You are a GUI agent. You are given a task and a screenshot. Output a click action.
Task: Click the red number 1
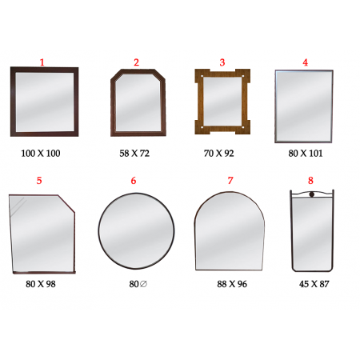click(x=42, y=62)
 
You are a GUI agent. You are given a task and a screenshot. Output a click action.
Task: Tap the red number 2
click(x=136, y=62)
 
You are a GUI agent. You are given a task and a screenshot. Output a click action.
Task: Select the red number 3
click(x=222, y=62)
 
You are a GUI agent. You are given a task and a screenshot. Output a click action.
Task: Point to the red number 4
click(x=306, y=62)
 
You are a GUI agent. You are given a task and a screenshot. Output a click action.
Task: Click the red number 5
click(x=39, y=181)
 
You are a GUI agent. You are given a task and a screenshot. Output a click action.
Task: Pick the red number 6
click(x=134, y=181)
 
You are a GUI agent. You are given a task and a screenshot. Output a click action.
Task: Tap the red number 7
click(x=230, y=181)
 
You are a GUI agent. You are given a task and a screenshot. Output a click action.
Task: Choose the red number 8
click(x=310, y=181)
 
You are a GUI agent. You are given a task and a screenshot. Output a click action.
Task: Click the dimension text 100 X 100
click(x=41, y=154)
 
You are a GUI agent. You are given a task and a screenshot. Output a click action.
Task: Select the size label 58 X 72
click(x=134, y=154)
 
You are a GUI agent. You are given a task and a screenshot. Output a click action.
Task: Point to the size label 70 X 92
click(x=218, y=154)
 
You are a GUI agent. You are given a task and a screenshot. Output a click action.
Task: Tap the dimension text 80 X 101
click(x=306, y=154)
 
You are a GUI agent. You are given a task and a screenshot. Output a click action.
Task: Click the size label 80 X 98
click(x=41, y=284)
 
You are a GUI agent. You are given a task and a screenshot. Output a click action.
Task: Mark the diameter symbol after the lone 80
click(x=143, y=284)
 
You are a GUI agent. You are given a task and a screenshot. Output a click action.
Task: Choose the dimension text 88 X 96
click(x=232, y=284)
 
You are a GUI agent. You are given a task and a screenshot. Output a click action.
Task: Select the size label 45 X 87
click(x=314, y=284)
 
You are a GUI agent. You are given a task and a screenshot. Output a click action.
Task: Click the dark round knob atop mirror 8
click(x=312, y=194)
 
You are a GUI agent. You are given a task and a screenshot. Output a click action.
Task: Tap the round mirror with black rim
click(x=136, y=230)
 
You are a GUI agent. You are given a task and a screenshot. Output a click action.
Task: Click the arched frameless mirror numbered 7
click(x=230, y=231)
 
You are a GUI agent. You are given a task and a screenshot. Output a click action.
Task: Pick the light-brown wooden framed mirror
click(x=222, y=102)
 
